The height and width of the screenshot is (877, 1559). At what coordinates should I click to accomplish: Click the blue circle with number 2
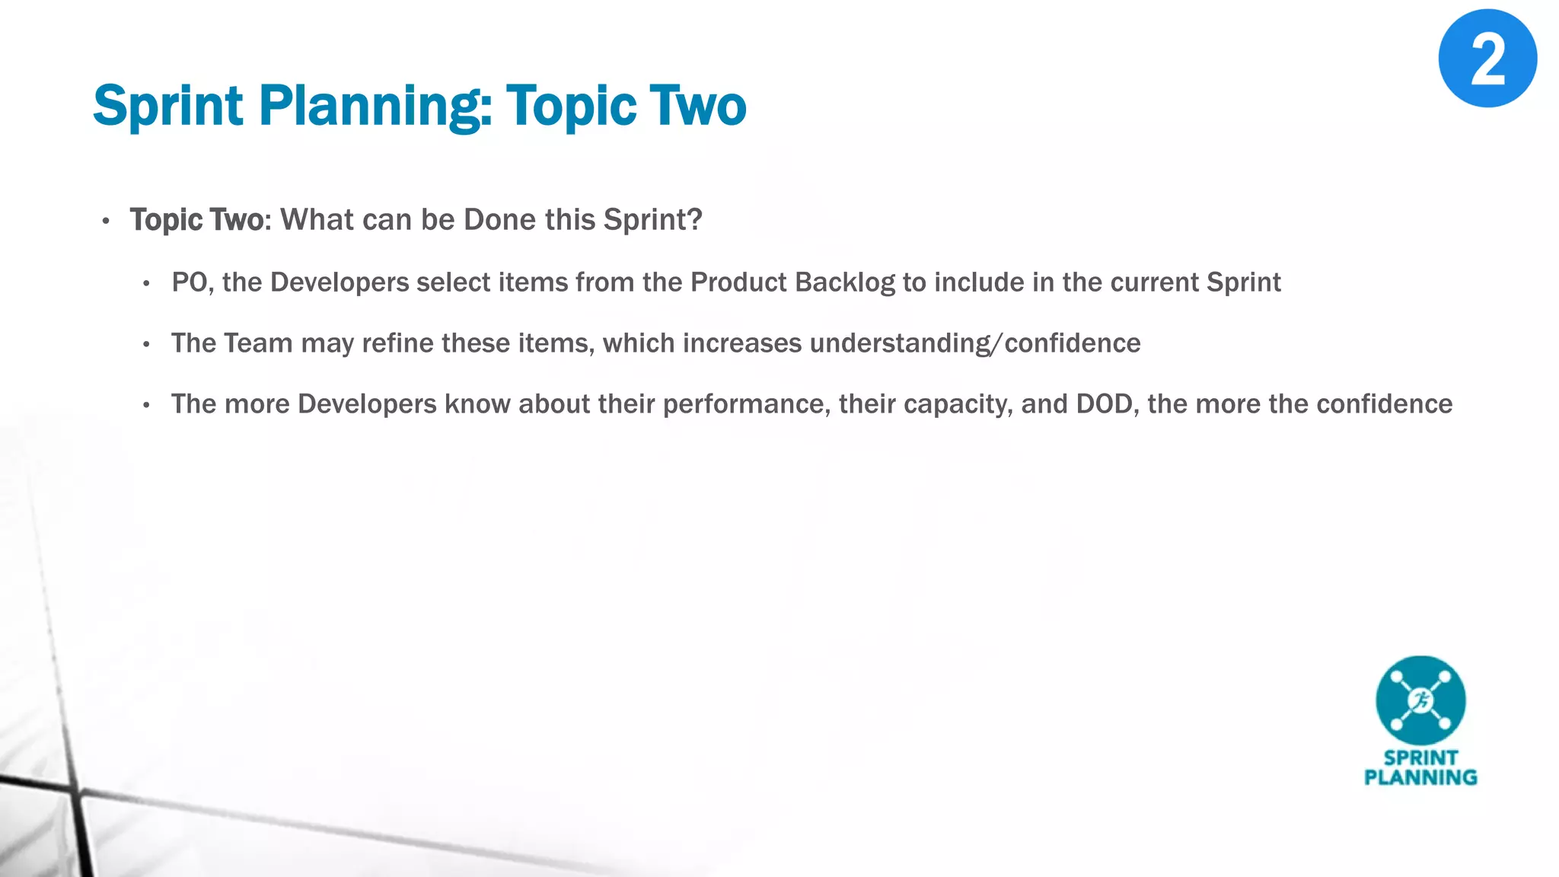point(1487,59)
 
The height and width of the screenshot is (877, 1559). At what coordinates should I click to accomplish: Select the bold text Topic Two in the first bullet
point(196,220)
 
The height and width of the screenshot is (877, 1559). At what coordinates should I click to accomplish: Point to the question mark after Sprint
point(694,220)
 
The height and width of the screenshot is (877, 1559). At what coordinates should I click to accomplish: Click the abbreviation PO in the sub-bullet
point(189,282)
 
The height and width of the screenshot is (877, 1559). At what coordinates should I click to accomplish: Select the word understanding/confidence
point(974,343)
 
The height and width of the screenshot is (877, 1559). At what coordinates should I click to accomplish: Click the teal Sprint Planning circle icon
point(1420,700)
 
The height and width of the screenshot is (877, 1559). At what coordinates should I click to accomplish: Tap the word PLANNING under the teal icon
point(1420,777)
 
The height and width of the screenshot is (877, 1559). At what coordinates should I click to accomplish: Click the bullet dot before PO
point(146,284)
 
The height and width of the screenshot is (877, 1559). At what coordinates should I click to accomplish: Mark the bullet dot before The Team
point(146,345)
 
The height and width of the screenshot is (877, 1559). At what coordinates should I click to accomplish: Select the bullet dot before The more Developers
point(146,406)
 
